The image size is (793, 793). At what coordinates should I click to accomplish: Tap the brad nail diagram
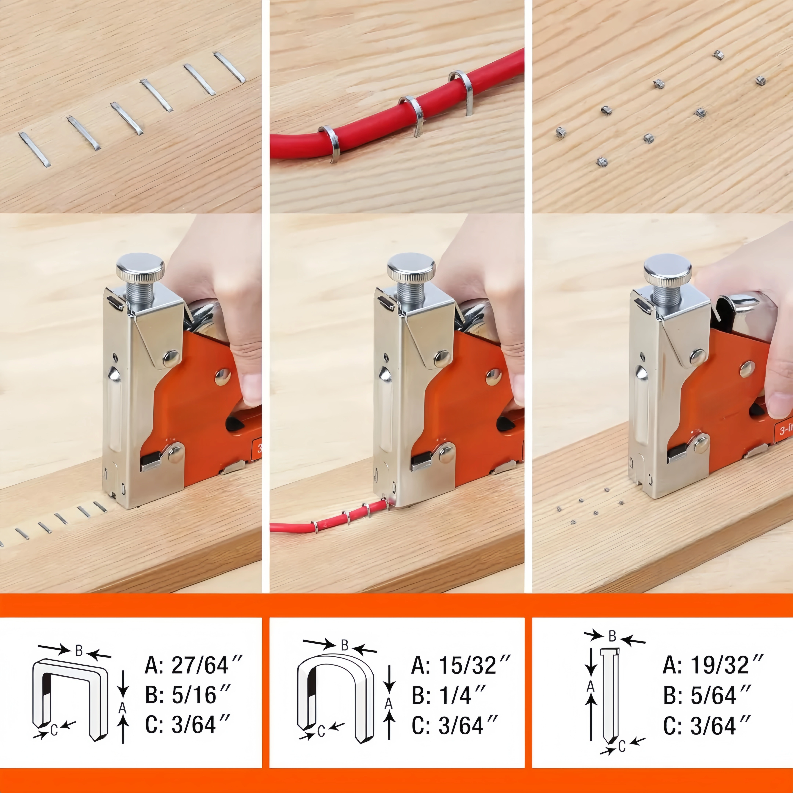[609, 698]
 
